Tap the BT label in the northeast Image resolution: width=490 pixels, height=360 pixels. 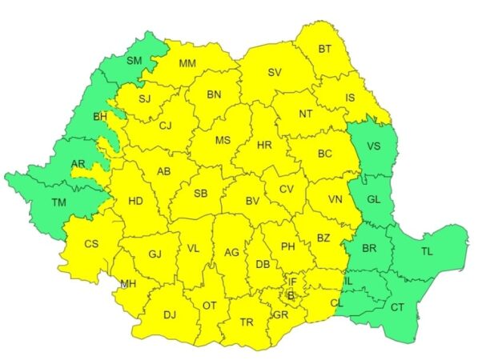point(324,49)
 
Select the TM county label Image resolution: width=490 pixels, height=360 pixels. point(58,202)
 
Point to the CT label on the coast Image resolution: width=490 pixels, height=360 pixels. point(398,307)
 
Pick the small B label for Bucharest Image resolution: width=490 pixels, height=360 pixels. point(291,296)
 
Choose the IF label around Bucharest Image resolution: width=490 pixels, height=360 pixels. point(293,282)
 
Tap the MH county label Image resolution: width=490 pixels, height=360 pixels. point(128,283)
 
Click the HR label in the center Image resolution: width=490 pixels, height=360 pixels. point(264,145)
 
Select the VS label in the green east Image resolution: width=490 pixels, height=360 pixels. point(373,146)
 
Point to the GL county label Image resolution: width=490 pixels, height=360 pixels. point(373,199)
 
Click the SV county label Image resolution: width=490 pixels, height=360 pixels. point(275,73)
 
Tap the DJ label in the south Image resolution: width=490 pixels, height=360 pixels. point(169,314)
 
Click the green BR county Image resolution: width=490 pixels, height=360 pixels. point(368,249)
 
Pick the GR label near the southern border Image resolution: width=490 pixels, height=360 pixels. point(280,314)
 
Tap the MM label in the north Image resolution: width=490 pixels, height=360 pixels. point(187,64)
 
